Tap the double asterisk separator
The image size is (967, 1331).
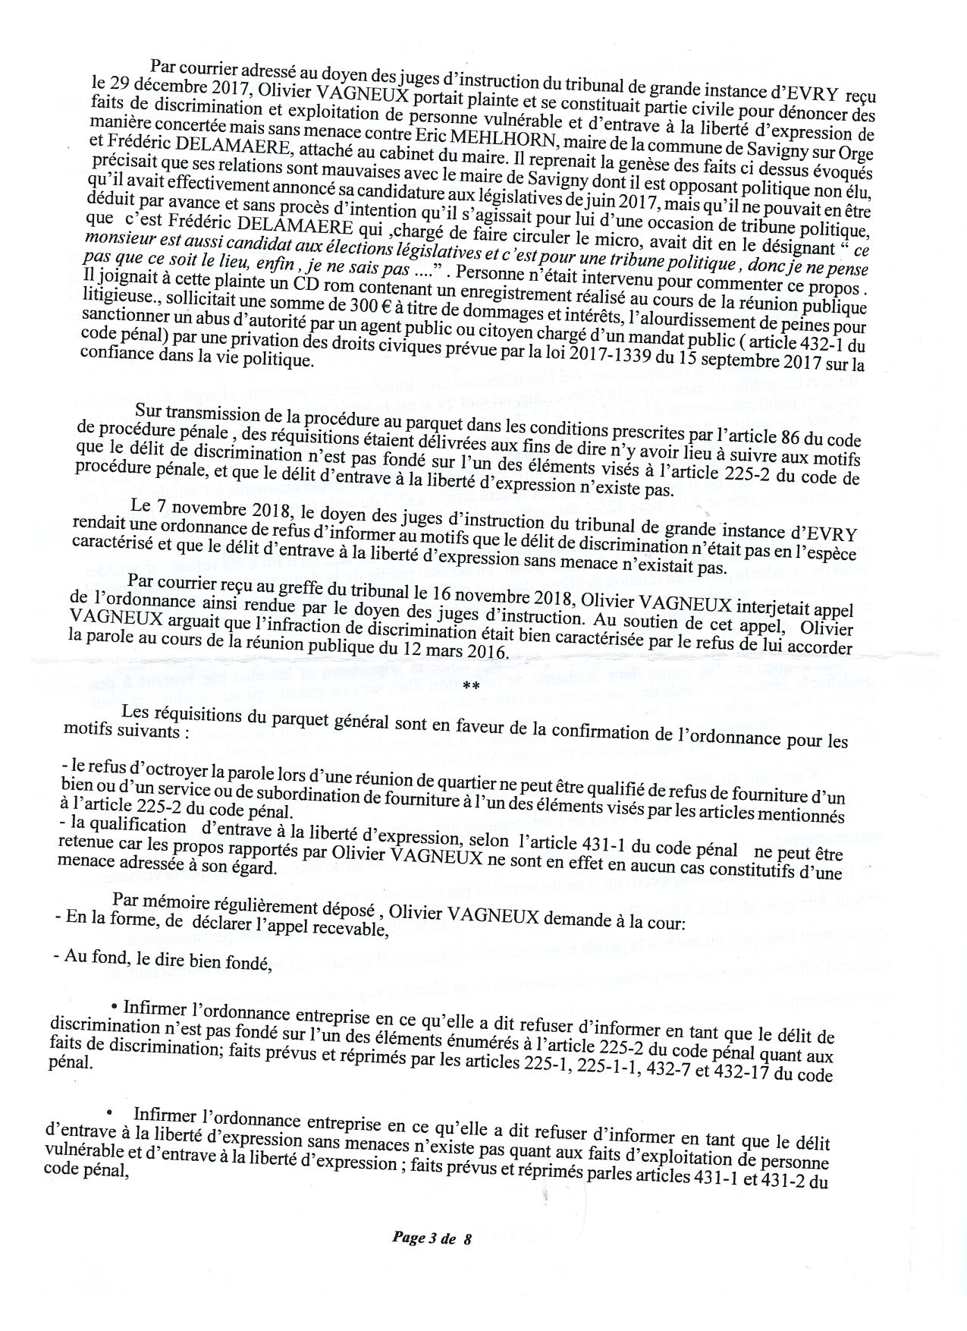(470, 686)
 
